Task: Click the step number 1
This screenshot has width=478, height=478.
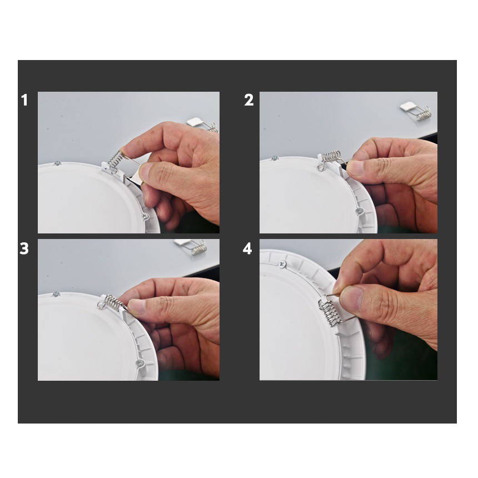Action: point(24,100)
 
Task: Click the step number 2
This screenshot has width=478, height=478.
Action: point(249,100)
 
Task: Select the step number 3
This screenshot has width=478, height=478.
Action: point(24,248)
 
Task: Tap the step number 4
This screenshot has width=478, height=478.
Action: point(247,248)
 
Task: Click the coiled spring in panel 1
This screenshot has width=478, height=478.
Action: point(116,159)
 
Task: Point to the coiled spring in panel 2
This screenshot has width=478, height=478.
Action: point(331,156)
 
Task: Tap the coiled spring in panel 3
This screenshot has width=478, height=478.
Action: point(114,302)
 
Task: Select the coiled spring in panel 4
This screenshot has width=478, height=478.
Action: point(328,312)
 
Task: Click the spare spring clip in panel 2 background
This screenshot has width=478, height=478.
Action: point(416,111)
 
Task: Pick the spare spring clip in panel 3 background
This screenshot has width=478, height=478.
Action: point(191,246)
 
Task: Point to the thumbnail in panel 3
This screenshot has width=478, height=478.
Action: point(137,306)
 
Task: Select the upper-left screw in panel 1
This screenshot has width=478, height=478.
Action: point(57,164)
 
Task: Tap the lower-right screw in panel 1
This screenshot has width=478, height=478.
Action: point(146,216)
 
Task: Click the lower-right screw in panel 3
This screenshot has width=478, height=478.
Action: point(140,363)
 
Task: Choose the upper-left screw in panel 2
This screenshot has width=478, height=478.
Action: point(275,158)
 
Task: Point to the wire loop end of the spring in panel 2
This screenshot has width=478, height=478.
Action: point(320,167)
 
